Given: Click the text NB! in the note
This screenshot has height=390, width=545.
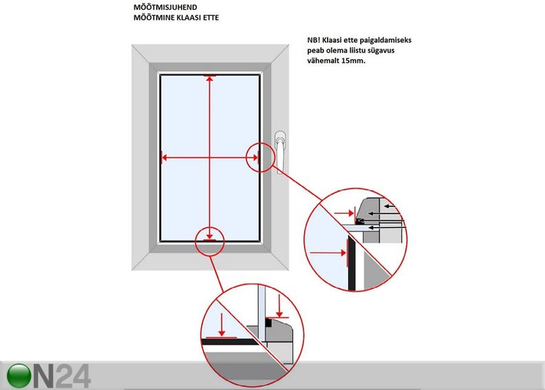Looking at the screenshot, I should click(314, 41).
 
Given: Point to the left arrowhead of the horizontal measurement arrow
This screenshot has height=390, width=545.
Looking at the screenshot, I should click(164, 158).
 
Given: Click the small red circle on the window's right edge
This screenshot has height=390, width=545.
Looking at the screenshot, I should click(256, 157).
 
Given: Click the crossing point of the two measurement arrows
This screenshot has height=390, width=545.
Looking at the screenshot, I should click(209, 158).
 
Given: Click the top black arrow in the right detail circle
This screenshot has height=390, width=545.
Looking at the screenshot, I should click(390, 205).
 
